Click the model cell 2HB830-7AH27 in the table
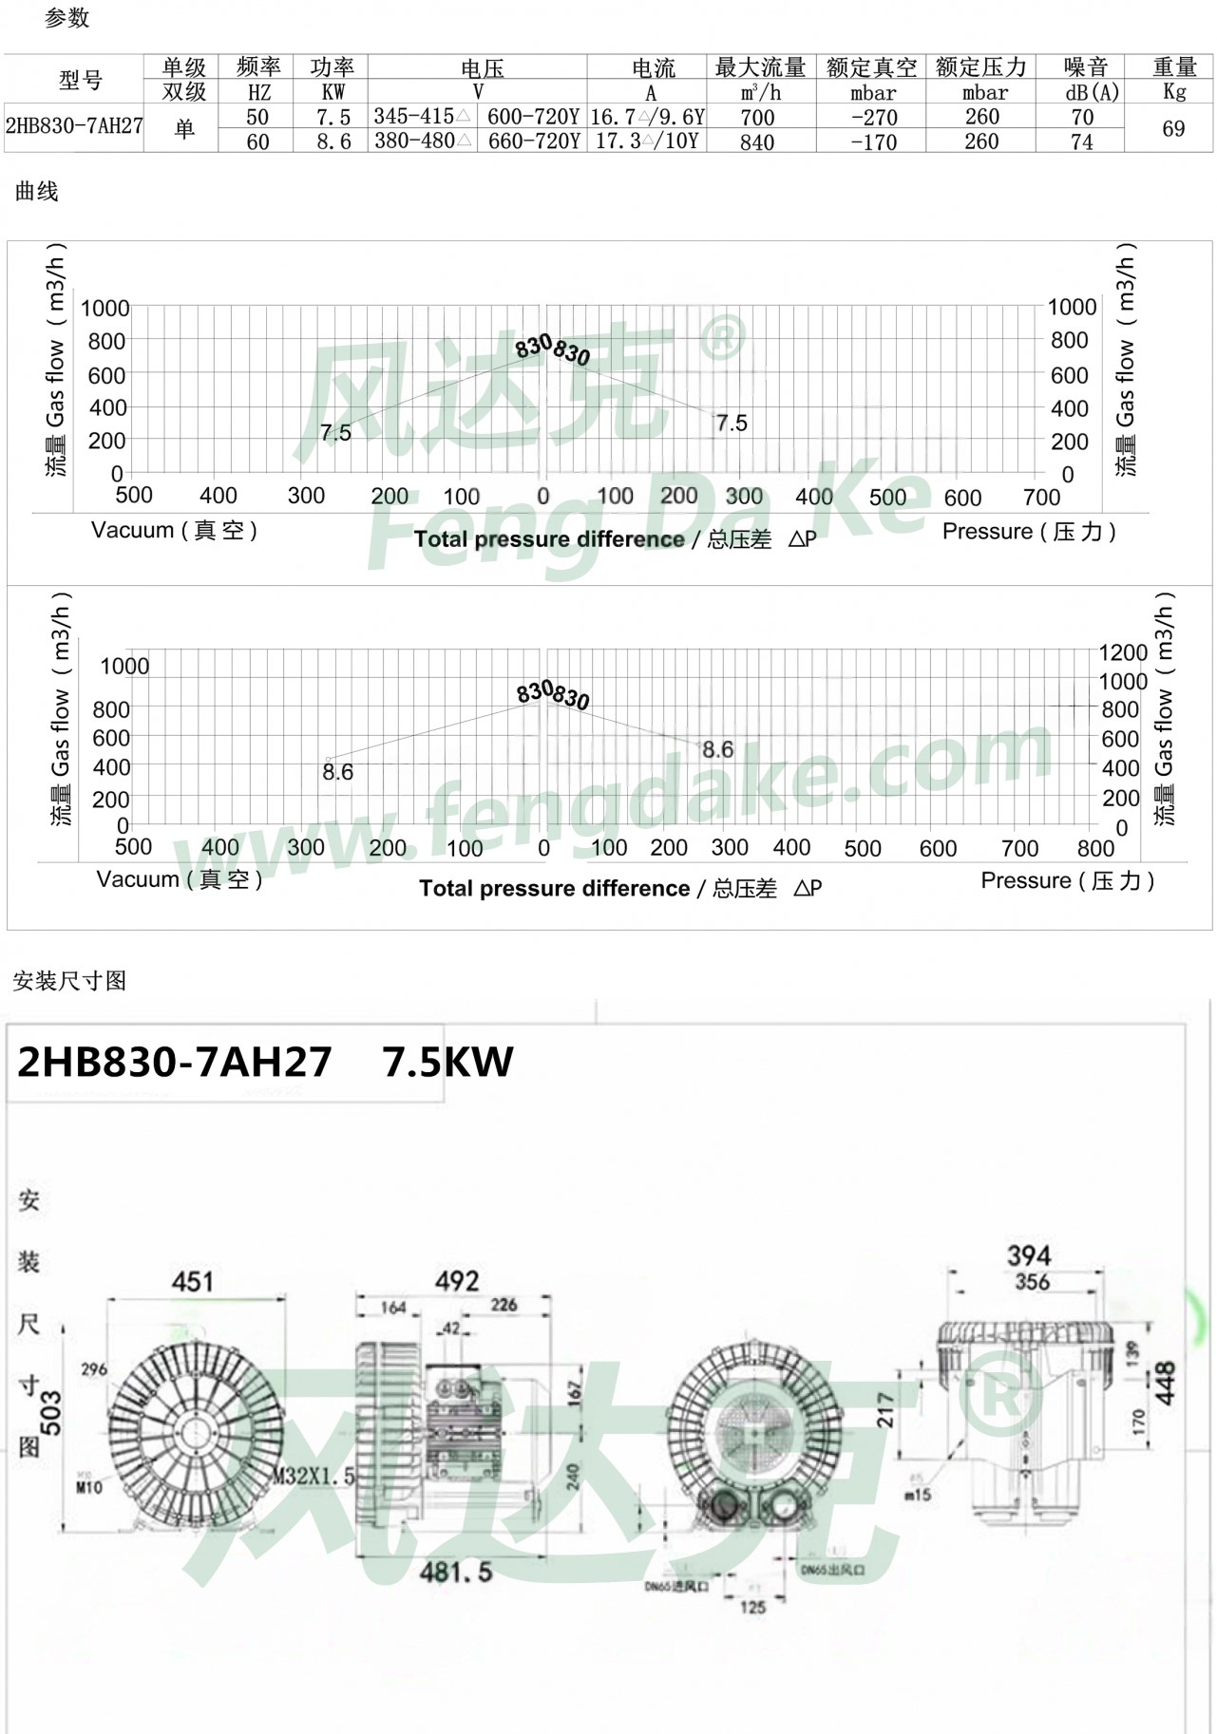coord(74,127)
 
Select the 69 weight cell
coord(1173,128)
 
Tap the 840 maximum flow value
coord(757,141)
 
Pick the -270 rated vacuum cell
coord(873,117)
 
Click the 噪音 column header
coord(1086,67)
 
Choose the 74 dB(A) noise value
coord(1082,141)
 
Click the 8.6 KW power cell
coord(333,141)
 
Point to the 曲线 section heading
coord(37,192)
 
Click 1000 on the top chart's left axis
coord(105,308)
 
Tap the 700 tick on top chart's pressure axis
coord(1041,497)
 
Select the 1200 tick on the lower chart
coord(1123,652)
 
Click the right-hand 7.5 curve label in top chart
coord(732,424)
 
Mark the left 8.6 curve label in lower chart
coord(337,772)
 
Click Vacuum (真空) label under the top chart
coord(175,530)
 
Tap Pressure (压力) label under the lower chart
coord(1068,880)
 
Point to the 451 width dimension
coord(193,1282)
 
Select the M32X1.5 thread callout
coord(314,1476)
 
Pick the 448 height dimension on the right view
coord(1166,1383)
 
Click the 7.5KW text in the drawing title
coord(447,1062)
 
